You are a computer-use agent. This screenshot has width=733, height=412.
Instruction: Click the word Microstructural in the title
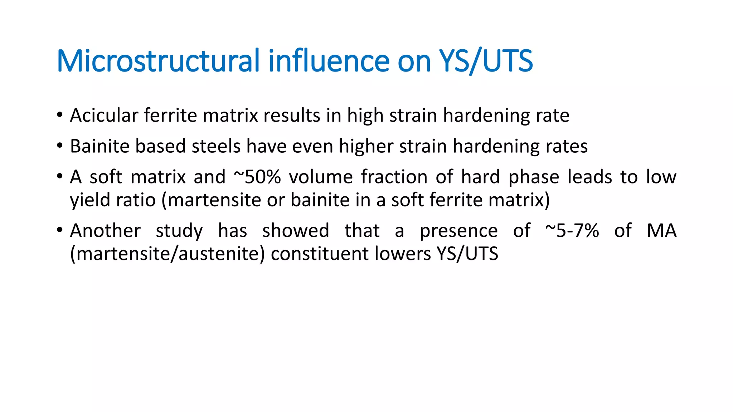[x=158, y=61]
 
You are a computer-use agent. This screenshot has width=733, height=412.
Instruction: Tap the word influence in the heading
[x=329, y=61]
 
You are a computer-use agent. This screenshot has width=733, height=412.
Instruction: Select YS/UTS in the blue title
[x=486, y=61]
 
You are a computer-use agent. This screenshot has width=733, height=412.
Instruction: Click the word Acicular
[x=104, y=116]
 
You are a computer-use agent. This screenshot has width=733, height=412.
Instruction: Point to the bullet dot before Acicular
[x=59, y=115]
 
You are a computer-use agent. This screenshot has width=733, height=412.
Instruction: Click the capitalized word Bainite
[x=99, y=146]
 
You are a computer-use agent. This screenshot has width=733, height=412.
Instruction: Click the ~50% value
[x=257, y=177]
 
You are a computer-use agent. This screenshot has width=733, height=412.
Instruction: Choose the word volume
[x=321, y=177]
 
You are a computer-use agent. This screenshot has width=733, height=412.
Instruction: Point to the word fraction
[x=394, y=177]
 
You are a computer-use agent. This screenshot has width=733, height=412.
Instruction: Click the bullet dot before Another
[x=59, y=230]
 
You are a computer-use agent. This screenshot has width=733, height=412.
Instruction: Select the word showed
[x=296, y=231]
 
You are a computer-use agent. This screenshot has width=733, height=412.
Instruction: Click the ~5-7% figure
[x=572, y=231]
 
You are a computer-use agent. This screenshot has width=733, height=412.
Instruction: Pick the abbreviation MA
[x=661, y=231]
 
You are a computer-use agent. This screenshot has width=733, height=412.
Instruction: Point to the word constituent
[x=320, y=254]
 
